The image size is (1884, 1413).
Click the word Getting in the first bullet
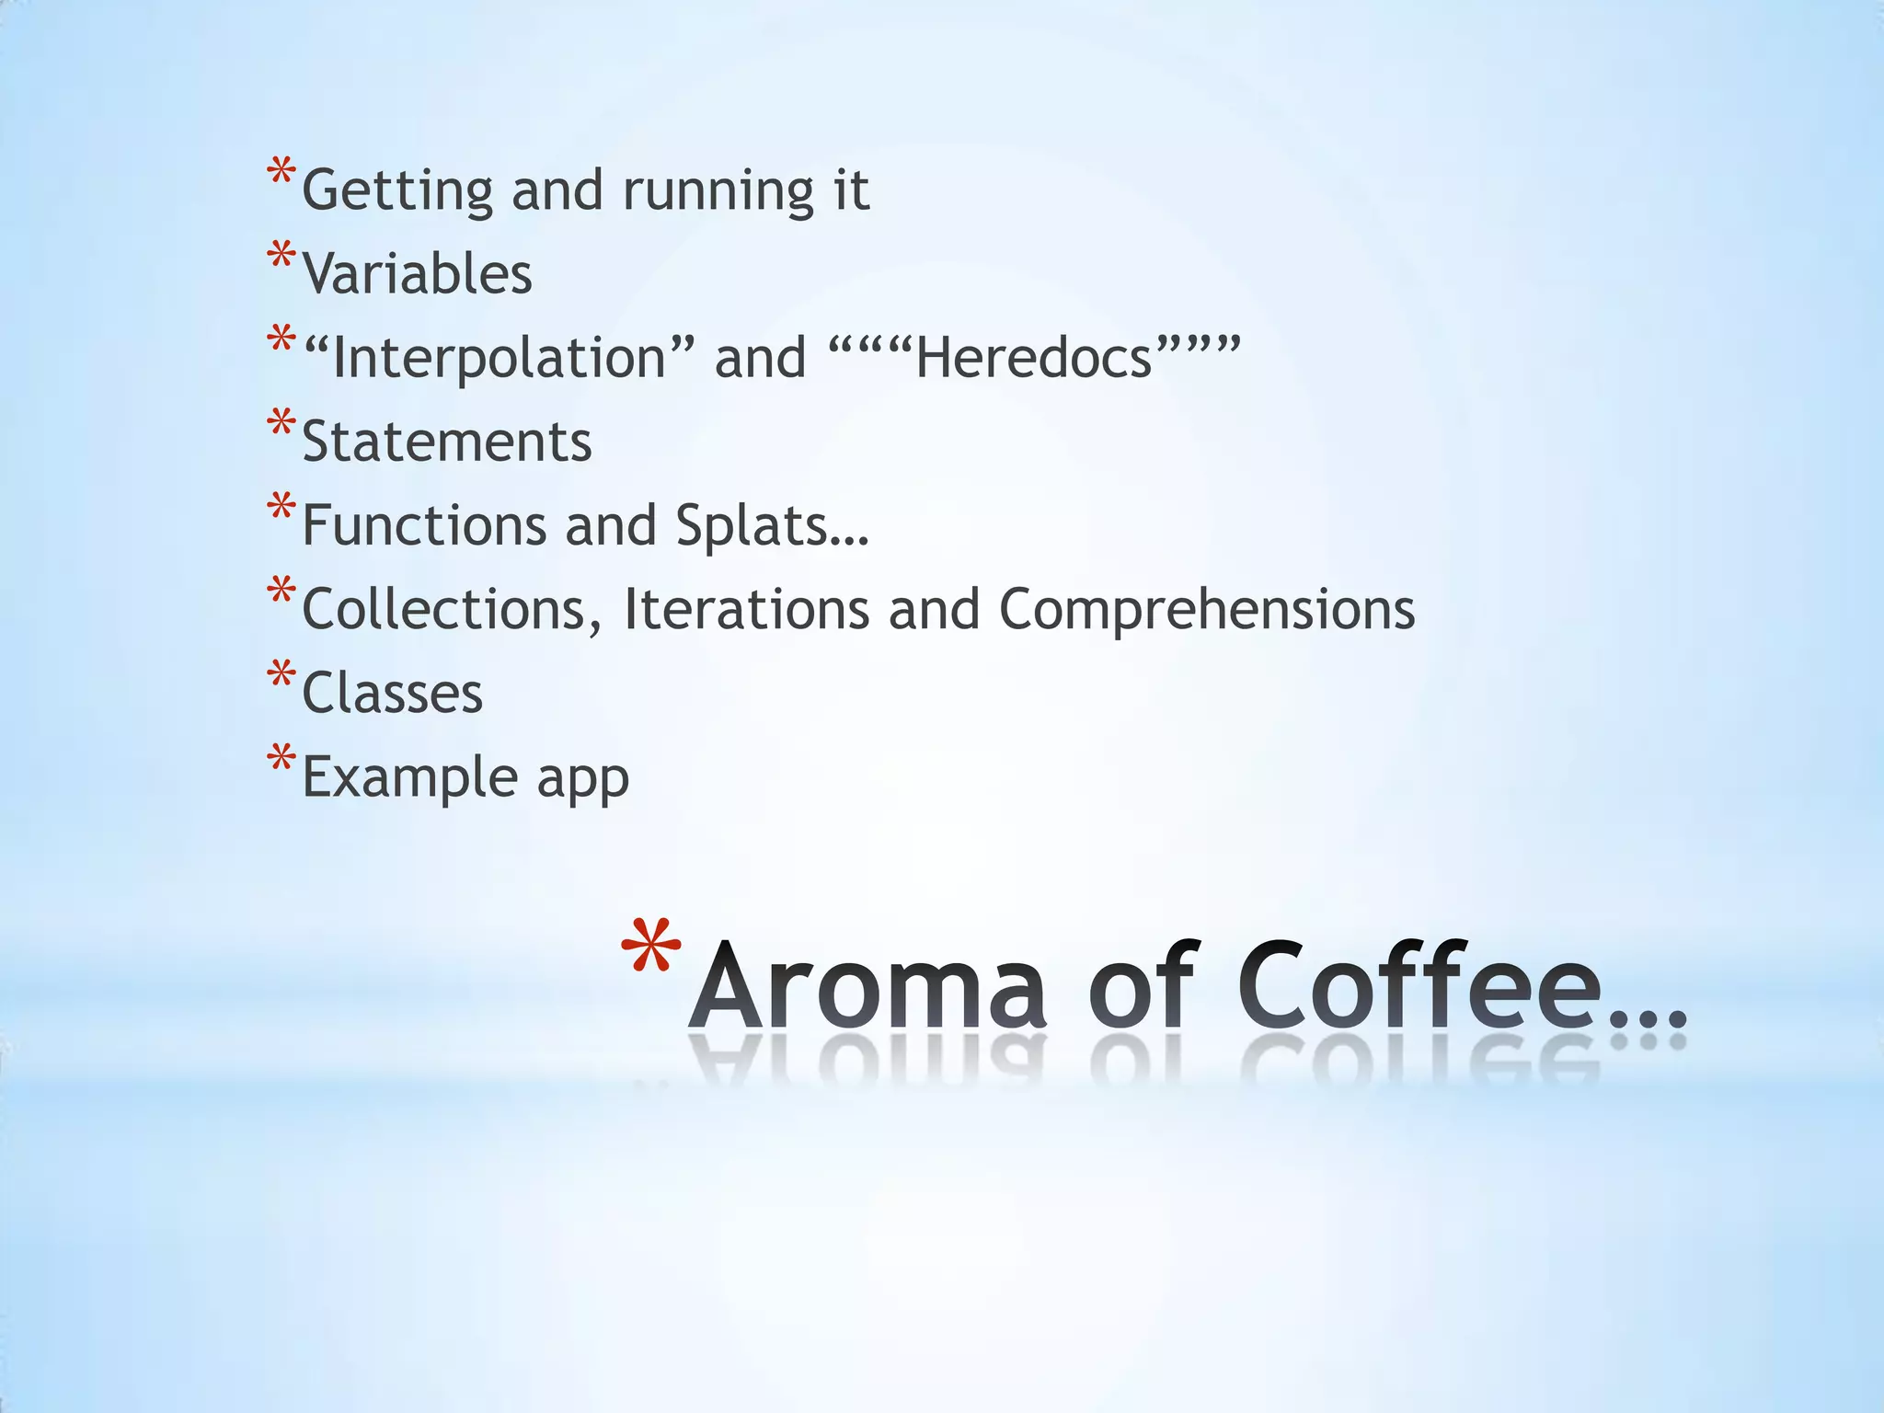point(397,191)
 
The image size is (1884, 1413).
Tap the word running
point(718,191)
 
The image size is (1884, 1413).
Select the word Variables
point(417,274)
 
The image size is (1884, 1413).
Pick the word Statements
point(446,442)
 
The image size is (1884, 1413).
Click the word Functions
point(425,525)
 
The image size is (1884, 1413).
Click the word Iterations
point(746,609)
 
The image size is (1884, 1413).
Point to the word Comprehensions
point(1206,609)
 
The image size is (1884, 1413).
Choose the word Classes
point(392,693)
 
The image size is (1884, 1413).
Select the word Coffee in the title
point(1420,986)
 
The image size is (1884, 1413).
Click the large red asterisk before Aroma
point(650,948)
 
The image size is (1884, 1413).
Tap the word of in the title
point(1141,986)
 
